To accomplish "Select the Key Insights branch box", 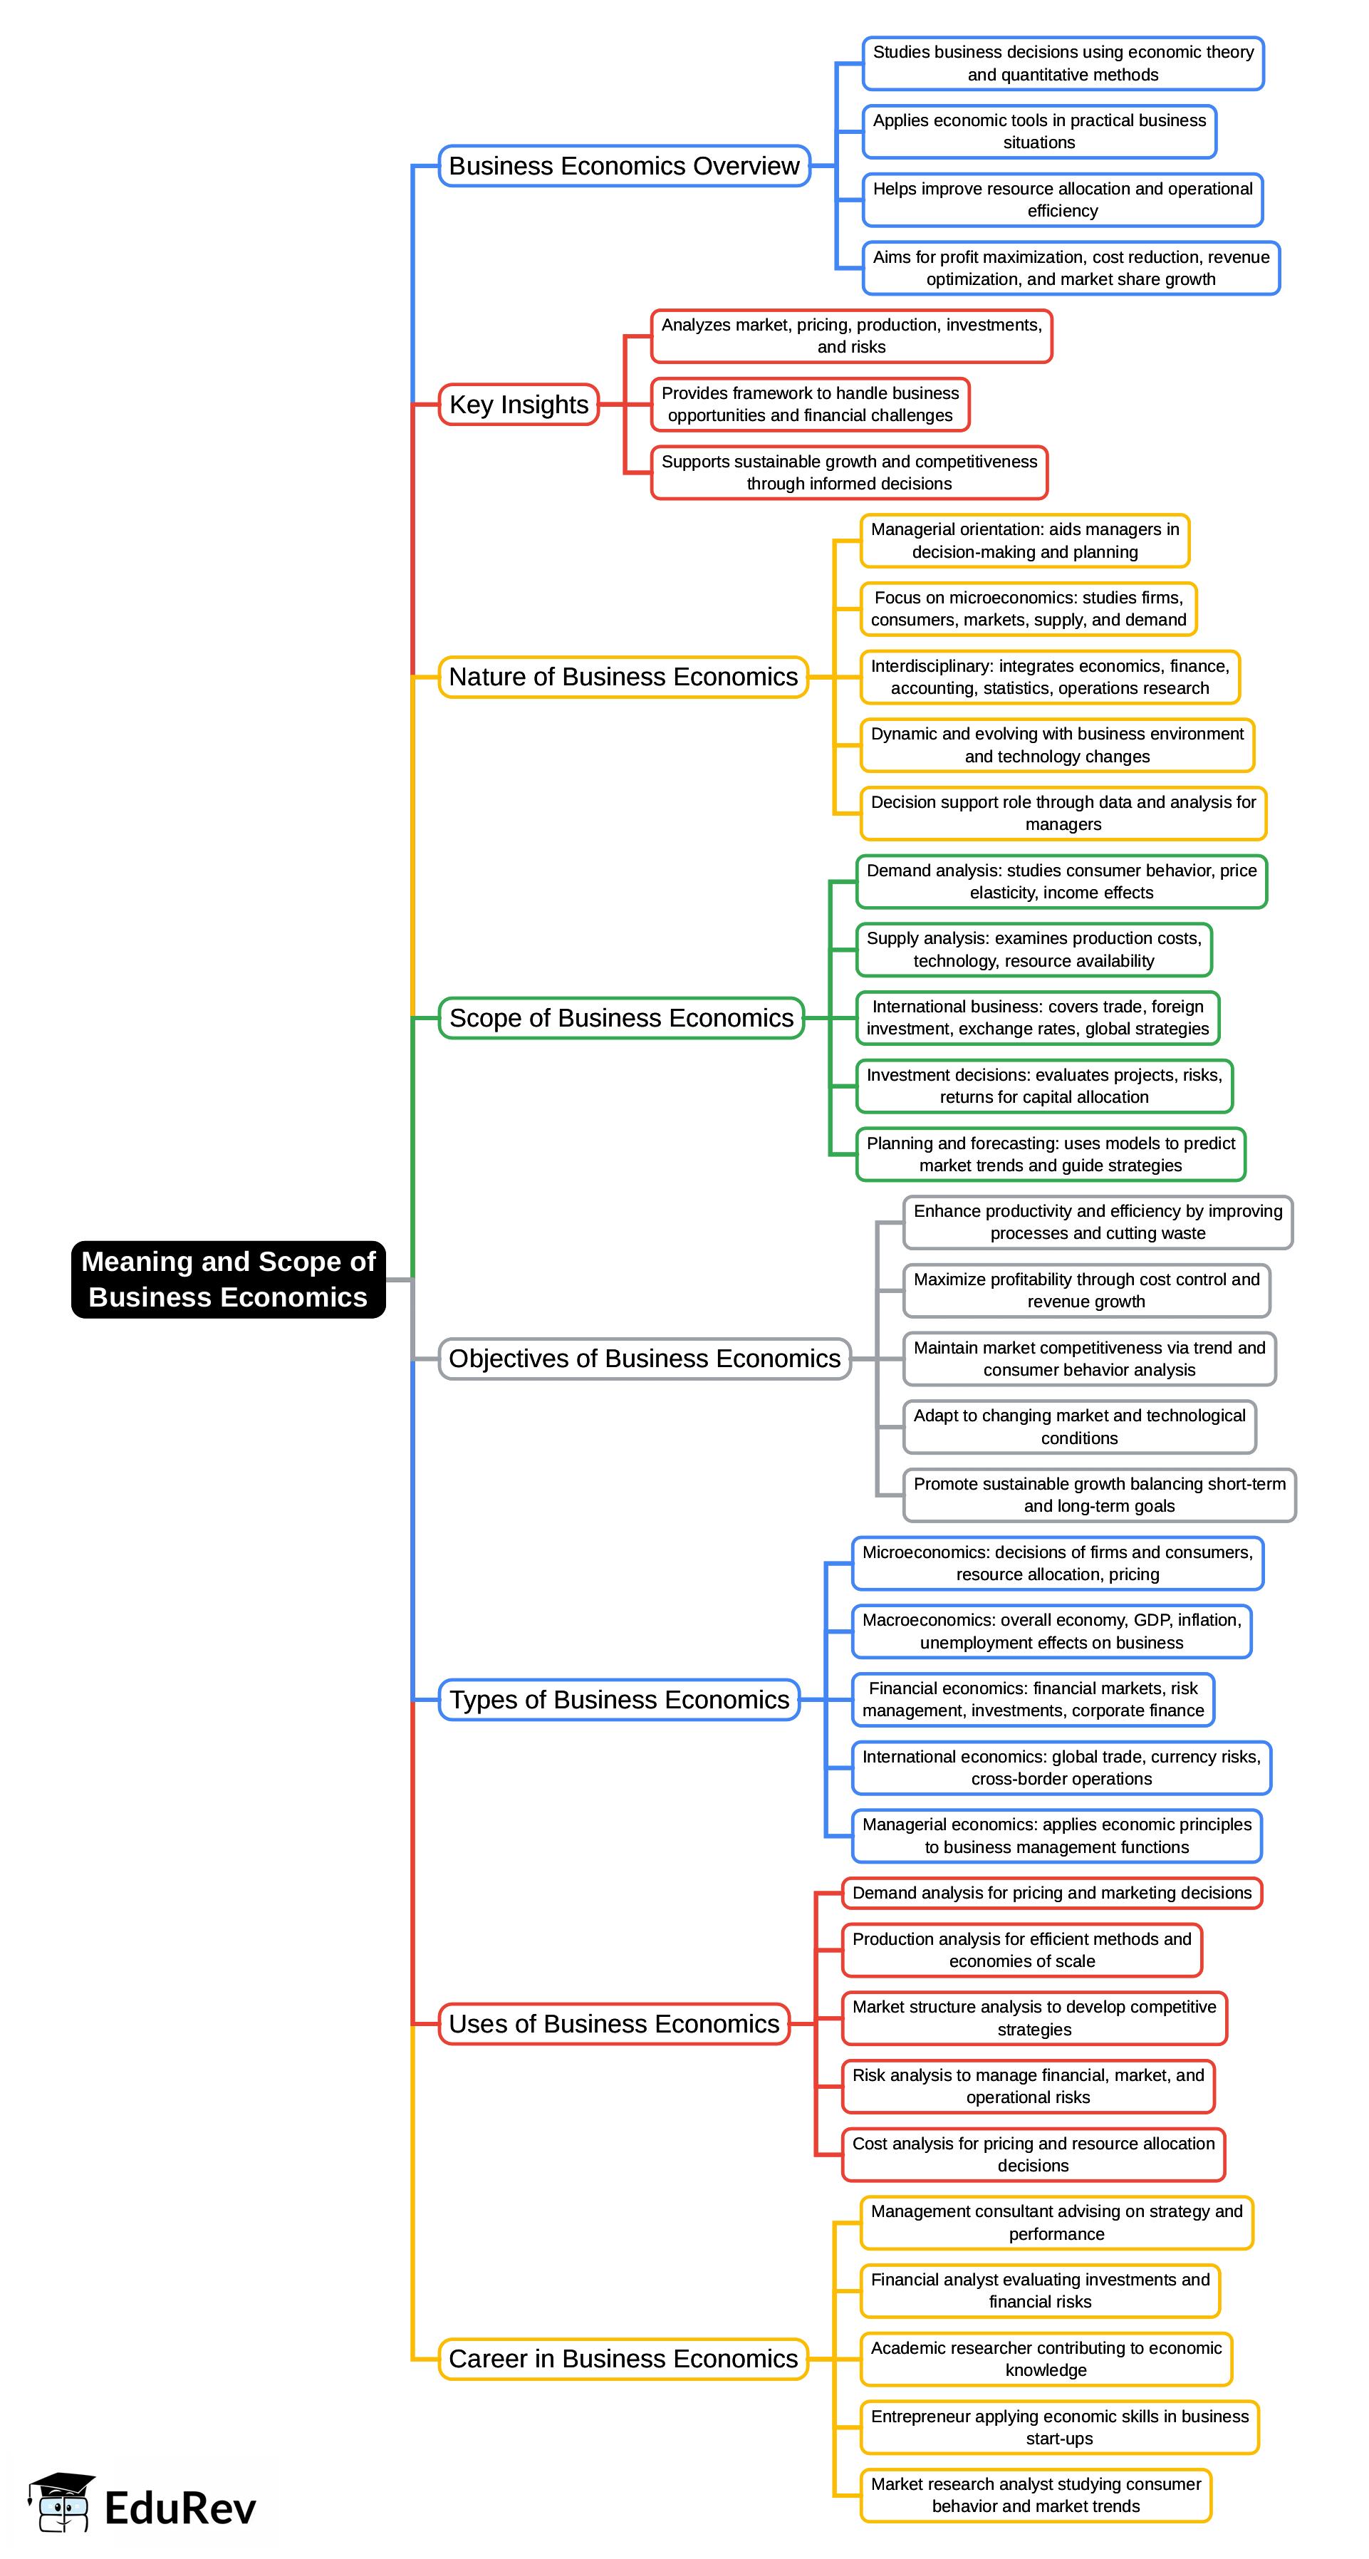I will [x=519, y=405].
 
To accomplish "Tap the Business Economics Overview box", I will [x=624, y=166].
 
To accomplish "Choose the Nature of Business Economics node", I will [x=623, y=677].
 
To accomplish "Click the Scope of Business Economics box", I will [x=621, y=1018].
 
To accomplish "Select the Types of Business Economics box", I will [x=619, y=1700].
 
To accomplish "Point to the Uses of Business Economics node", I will [x=614, y=2023].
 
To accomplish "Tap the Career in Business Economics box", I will [x=623, y=2358].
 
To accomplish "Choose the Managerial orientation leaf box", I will [x=1024, y=541].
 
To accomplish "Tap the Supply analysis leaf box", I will [x=1034, y=950].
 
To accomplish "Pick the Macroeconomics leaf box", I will [x=1051, y=1631].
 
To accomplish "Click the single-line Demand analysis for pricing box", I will [x=1051, y=1892].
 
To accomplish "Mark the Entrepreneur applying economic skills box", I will [x=1059, y=2427].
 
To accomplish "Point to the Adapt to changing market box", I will [x=1079, y=1426].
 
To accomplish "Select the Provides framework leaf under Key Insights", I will [x=810, y=405].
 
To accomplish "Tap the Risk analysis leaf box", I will [x=1027, y=2086].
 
